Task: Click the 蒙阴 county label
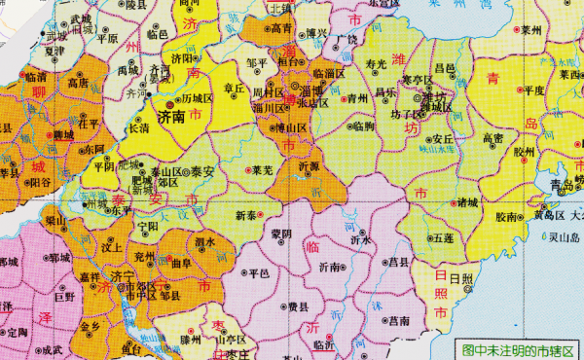pos(281,234)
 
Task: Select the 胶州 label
pos(524,151)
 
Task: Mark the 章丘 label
pos(235,88)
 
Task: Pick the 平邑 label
pos(258,273)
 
